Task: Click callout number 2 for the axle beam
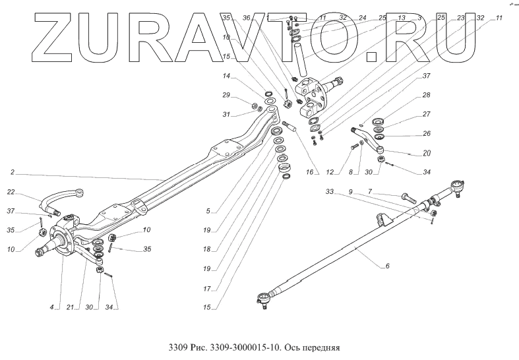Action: (12, 172)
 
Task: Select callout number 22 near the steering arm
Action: (12, 192)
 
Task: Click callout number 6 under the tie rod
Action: (387, 266)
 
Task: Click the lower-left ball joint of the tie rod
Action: (262, 300)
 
